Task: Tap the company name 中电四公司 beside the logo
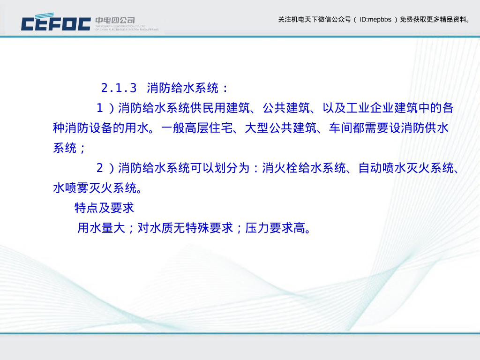pos(115,20)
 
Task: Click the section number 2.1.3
pos(119,88)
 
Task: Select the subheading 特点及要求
pos(105,208)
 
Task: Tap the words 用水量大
pos(101,228)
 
